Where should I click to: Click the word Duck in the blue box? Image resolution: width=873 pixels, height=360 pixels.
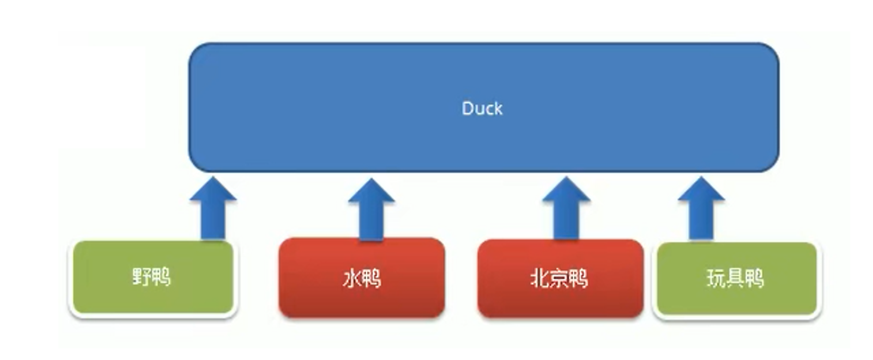(482, 108)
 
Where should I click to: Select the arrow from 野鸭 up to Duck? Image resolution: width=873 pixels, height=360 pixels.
(213, 210)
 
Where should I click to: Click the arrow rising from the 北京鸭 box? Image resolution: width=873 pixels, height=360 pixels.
(566, 210)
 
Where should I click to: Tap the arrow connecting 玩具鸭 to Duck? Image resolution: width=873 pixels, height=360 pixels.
(701, 210)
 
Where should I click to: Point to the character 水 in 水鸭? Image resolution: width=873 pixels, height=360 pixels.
(352, 279)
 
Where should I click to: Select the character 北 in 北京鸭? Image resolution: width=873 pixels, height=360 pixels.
(540, 279)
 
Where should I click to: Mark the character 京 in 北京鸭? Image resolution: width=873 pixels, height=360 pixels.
(559, 279)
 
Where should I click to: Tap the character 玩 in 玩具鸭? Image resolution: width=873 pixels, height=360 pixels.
(716, 279)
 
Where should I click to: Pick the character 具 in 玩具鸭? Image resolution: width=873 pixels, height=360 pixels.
(735, 279)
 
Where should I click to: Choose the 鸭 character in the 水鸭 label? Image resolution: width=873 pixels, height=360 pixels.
(371, 279)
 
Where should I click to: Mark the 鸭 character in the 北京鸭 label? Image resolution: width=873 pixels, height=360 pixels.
(579, 279)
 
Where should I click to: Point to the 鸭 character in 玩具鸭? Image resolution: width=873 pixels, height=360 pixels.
(755, 279)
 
